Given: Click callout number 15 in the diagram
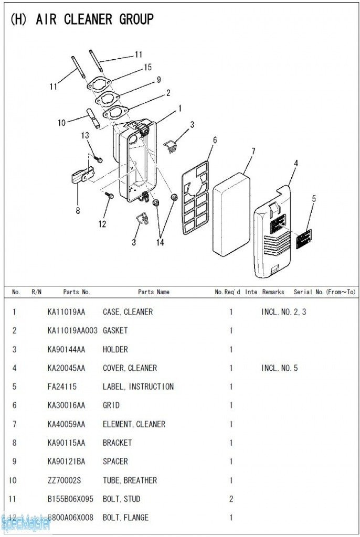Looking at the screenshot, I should tap(148, 67).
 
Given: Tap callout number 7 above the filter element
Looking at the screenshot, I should tap(253, 152).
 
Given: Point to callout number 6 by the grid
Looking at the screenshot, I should tap(215, 140).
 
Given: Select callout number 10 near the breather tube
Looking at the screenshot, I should tap(62, 123).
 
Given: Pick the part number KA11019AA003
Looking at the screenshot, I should tap(72, 331).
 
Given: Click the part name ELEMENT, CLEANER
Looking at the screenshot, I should tap(134, 424).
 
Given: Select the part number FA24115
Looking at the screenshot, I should tap(62, 387).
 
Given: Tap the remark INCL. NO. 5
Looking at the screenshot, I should tap(279, 368).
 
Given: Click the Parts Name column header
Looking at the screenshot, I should tap(154, 292).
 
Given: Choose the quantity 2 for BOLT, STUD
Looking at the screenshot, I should tap(231, 499).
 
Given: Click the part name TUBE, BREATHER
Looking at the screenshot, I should tap(130, 480).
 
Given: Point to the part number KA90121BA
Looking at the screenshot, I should tap(66, 461).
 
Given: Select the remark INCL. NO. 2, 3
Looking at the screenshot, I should tap(283, 312).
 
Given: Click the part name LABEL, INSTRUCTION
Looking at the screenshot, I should tap(138, 387).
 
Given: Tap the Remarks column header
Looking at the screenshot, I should tap(273, 292).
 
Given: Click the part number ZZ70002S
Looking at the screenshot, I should tap(64, 480).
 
